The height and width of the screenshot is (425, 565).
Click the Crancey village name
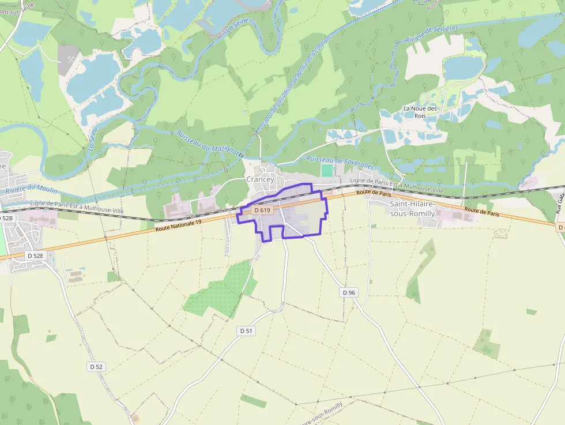[260, 179]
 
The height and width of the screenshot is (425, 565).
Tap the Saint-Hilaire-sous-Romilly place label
[412, 209]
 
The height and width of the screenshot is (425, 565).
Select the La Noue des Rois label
[420, 112]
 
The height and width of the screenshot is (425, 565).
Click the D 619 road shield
[262, 210]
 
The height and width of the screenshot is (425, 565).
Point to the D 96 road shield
[349, 292]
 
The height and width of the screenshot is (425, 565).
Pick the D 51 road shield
[246, 331]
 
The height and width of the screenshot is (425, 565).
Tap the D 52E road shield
[36, 255]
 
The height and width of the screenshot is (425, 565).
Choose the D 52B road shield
[6, 219]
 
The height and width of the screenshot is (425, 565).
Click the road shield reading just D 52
[96, 367]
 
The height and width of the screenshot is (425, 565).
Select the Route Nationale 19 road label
[179, 225]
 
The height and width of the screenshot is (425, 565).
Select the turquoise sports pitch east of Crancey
[327, 171]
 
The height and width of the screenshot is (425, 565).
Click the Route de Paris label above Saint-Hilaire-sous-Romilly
[370, 193]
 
